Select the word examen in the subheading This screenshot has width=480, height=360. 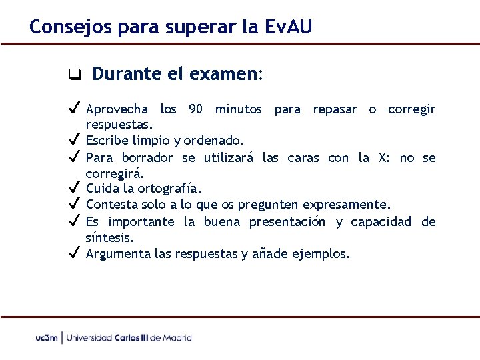click(225, 74)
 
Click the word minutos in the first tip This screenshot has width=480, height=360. click(239, 109)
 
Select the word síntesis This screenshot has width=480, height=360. click(109, 237)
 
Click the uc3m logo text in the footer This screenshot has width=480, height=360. click(47, 338)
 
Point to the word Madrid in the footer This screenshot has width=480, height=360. click(177, 338)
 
